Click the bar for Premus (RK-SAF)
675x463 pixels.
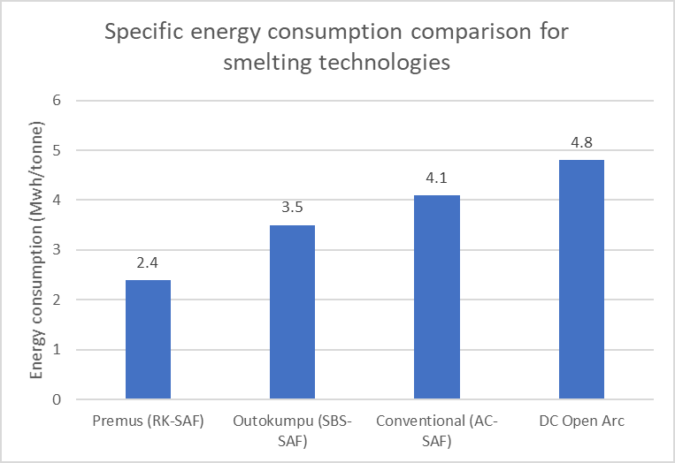point(148,339)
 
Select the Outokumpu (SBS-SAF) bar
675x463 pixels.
point(292,312)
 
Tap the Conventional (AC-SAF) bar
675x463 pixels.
point(437,297)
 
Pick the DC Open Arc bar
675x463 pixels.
point(581,279)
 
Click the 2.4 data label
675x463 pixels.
point(148,263)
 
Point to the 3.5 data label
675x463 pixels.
point(292,209)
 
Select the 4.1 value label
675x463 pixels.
point(437,178)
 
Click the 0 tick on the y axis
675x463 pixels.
point(57,399)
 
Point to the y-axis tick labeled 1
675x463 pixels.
point(57,350)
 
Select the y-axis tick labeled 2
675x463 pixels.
point(57,300)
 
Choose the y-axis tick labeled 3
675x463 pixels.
point(57,250)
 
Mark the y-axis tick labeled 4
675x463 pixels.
point(57,200)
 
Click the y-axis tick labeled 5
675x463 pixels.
point(57,150)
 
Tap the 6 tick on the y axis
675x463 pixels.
point(57,100)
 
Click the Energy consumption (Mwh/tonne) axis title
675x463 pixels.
point(36,250)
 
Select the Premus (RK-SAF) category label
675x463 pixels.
point(148,421)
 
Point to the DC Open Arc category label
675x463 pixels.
point(581,421)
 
